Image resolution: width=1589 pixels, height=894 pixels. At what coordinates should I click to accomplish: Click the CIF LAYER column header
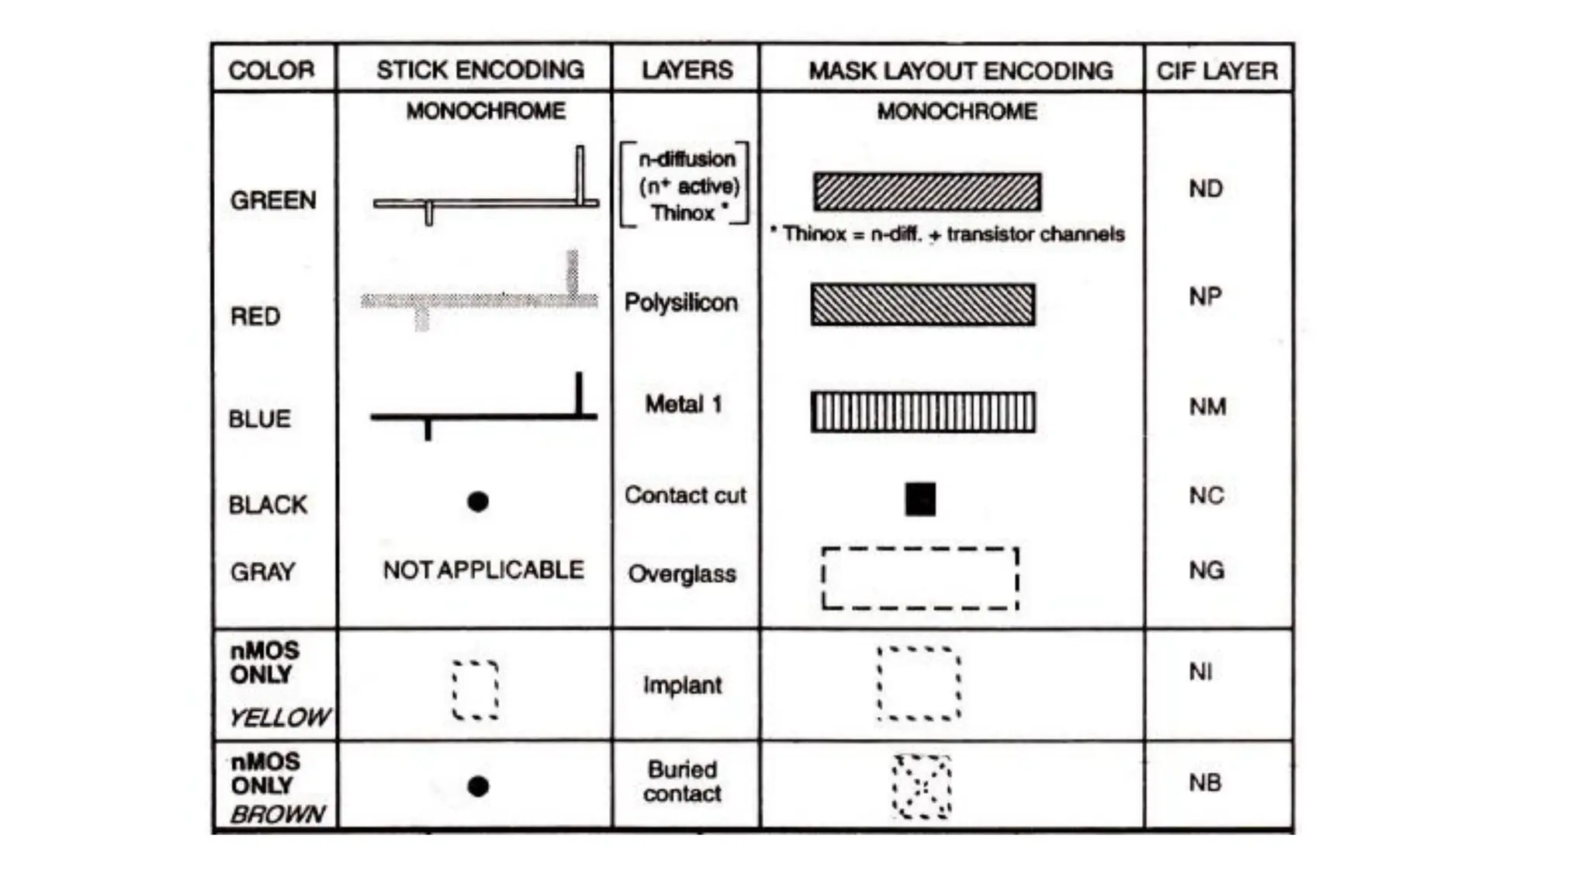(1217, 71)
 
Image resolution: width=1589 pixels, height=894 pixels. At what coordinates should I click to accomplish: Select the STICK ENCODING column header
(480, 70)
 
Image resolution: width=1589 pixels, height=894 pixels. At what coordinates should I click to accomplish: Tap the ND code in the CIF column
(1206, 189)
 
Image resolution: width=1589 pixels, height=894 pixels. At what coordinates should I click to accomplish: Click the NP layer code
(1205, 296)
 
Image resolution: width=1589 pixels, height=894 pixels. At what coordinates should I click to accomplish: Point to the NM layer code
(1207, 407)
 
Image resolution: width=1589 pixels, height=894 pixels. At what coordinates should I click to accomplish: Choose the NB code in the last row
(1205, 783)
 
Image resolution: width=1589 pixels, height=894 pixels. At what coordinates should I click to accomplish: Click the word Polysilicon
(680, 302)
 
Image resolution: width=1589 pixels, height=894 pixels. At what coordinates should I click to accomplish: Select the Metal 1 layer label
(684, 404)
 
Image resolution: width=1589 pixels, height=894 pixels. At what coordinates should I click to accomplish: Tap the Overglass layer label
(682, 574)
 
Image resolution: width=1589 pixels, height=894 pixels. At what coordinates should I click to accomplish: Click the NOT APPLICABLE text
(483, 570)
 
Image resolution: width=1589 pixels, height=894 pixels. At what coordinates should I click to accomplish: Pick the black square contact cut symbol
(920, 500)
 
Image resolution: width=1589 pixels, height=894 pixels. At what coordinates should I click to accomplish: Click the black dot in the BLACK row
(478, 502)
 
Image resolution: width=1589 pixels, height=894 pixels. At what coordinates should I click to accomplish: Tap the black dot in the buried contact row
(478, 786)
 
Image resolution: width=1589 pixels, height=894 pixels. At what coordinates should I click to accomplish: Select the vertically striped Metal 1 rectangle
(923, 411)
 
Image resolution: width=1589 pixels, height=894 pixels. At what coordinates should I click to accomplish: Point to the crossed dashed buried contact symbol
(922, 787)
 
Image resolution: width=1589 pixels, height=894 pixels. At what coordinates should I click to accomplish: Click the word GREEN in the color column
(273, 200)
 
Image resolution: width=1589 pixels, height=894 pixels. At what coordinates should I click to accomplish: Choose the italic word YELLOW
(279, 717)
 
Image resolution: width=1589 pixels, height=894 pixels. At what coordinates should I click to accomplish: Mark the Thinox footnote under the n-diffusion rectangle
(947, 234)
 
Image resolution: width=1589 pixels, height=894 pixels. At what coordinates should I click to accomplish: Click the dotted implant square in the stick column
(475, 690)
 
